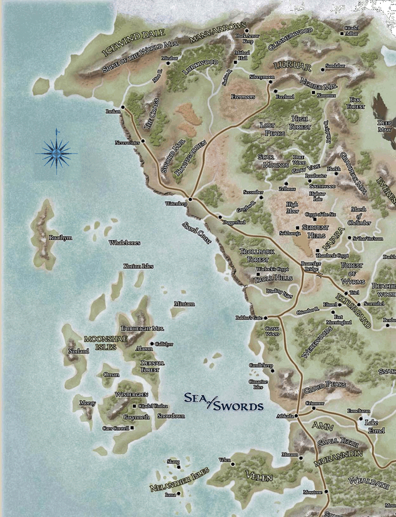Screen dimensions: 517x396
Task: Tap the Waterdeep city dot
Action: pyautogui.click(x=190, y=199)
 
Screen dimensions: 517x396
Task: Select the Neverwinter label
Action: pyautogui.click(x=127, y=142)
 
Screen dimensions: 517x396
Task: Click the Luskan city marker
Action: pyautogui.click(x=123, y=107)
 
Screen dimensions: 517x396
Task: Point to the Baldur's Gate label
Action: pyautogui.click(x=249, y=318)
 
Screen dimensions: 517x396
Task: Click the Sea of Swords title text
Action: pyautogui.click(x=223, y=402)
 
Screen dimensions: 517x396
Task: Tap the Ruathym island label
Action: pyautogui.click(x=61, y=238)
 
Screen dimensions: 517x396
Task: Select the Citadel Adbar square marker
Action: pyautogui.click(x=342, y=33)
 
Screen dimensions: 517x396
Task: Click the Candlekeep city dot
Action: pyautogui.click(x=272, y=371)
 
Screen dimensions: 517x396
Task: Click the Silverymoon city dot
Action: pyautogui.click(x=270, y=82)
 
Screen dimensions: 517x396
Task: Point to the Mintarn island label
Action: pyautogui.click(x=184, y=304)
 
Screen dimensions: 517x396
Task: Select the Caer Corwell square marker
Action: pyautogui.click(x=132, y=428)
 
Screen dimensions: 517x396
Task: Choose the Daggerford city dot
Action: pyautogui.click(x=220, y=217)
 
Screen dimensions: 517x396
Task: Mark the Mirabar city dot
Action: pyautogui.click(x=168, y=63)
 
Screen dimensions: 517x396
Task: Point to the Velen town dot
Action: pyautogui.click(x=232, y=464)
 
